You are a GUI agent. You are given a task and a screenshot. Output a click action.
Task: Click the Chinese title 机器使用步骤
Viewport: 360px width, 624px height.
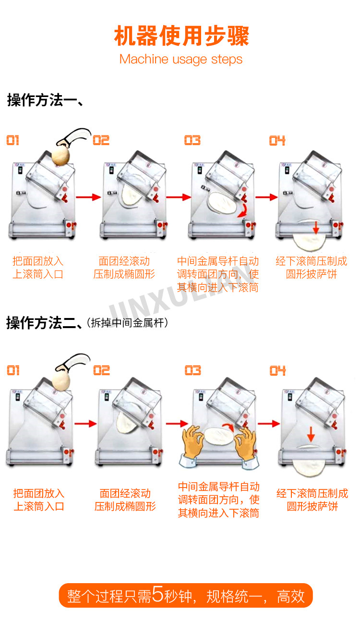point(181,36)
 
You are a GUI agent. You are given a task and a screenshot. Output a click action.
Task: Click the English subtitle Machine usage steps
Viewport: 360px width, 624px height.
point(181,60)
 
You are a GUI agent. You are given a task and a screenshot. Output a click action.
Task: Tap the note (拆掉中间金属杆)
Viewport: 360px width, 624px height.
point(127,323)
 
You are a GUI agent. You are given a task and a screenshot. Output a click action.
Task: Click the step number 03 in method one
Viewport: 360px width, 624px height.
point(192,140)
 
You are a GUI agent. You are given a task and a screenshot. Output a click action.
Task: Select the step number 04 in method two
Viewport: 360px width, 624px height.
point(277,370)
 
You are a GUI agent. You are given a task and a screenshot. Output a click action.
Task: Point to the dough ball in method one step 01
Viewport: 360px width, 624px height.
point(60,156)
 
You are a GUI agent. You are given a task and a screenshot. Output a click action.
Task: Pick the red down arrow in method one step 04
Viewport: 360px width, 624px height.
point(316,227)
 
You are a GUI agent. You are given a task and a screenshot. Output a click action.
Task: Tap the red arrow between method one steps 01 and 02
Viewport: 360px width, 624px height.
point(88,197)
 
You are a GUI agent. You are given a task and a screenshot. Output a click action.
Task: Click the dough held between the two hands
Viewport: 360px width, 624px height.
point(219,437)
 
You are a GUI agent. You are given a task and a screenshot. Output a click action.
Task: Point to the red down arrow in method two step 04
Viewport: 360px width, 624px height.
point(311,435)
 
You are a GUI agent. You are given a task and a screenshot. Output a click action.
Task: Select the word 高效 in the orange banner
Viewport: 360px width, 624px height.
point(291,596)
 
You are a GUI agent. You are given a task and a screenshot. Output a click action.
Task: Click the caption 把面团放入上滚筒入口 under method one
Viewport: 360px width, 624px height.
point(38,268)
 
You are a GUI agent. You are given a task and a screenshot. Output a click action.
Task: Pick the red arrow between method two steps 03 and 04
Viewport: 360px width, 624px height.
point(269,424)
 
